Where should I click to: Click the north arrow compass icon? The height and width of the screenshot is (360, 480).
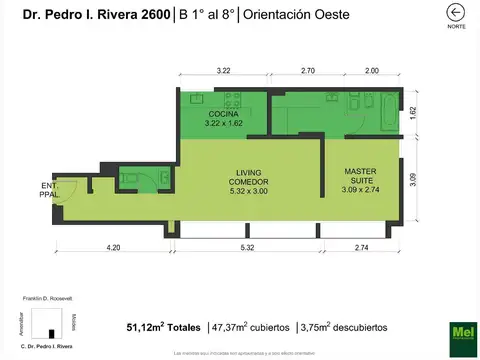456,13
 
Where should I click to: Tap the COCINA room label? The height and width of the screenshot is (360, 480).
223,121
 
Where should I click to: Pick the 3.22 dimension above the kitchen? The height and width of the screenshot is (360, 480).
223,71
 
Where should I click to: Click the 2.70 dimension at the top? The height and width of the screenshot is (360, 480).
308,71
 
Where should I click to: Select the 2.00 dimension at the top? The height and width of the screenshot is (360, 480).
371,71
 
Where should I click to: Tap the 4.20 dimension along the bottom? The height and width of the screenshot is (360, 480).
113,247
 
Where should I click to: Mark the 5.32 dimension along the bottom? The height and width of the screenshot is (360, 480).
246,247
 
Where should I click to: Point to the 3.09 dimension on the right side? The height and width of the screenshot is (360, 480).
413,183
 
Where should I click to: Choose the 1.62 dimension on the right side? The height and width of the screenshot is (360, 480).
413,113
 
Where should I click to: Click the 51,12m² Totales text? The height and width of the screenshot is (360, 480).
164,327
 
